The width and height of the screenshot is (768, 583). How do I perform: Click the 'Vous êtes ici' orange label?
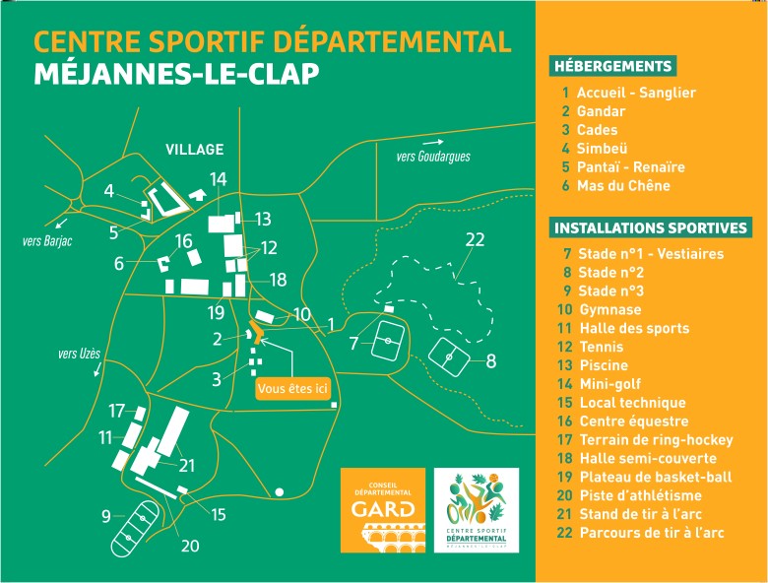click(291, 389)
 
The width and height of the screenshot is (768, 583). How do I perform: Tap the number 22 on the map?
click(476, 240)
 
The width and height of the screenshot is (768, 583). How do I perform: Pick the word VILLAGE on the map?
click(194, 150)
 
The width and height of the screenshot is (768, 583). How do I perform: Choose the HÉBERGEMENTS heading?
click(612, 67)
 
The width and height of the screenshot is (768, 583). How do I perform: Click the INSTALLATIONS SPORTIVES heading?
click(651, 228)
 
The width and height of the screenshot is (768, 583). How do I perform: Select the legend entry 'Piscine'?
click(608, 365)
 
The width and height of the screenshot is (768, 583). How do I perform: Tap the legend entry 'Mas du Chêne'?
click(624, 186)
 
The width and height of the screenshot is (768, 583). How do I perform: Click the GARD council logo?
click(383, 509)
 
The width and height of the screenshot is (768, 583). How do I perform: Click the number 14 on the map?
click(218, 179)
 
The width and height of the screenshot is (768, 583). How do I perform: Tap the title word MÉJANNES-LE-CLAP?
click(177, 76)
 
